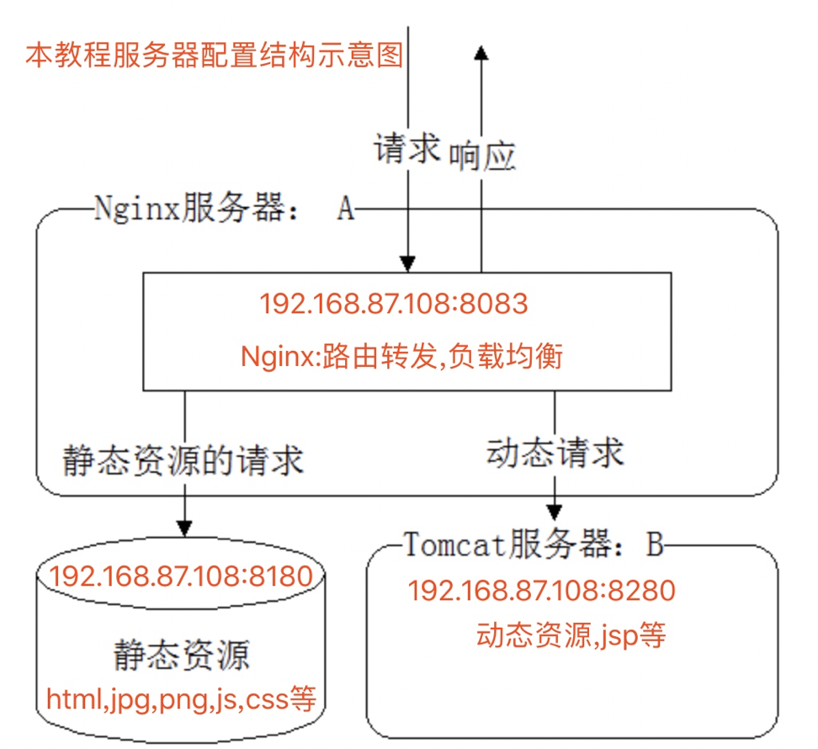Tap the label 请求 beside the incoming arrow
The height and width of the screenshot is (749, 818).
click(407, 149)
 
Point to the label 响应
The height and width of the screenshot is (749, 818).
click(482, 157)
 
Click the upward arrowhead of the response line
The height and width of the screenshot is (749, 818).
click(481, 53)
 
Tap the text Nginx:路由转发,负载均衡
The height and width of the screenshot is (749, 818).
click(401, 357)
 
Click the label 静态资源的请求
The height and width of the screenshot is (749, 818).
click(183, 461)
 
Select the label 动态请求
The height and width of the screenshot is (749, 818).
click(555, 453)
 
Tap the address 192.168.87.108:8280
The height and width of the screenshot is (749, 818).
click(542, 591)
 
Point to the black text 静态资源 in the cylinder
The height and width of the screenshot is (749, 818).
click(181, 655)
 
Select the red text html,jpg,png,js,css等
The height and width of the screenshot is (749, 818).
click(181, 699)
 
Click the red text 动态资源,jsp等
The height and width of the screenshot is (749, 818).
click(571, 635)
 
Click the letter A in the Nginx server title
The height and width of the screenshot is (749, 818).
click(346, 209)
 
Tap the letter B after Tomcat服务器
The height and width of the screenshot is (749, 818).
click(656, 544)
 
